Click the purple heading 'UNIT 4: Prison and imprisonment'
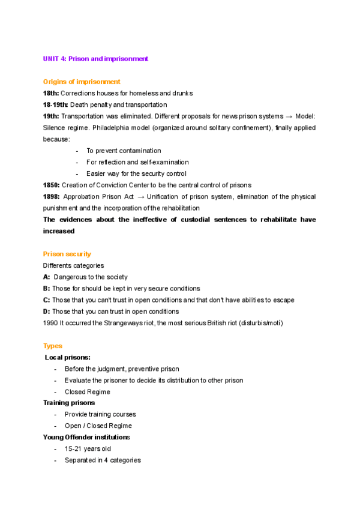(x=95, y=59)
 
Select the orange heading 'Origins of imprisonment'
(x=82, y=82)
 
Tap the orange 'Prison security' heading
(x=67, y=254)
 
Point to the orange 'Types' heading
(x=52, y=346)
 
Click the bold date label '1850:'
(x=51, y=185)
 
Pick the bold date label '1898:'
(x=52, y=196)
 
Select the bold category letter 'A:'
(x=47, y=277)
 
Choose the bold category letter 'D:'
(x=47, y=312)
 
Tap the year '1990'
(x=51, y=323)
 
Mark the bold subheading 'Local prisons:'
(x=68, y=357)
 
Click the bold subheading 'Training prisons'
(x=68, y=403)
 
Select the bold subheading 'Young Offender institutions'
(x=86, y=437)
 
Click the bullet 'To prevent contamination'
(x=124, y=151)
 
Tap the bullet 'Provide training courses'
(x=100, y=414)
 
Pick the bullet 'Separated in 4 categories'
(x=103, y=460)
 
